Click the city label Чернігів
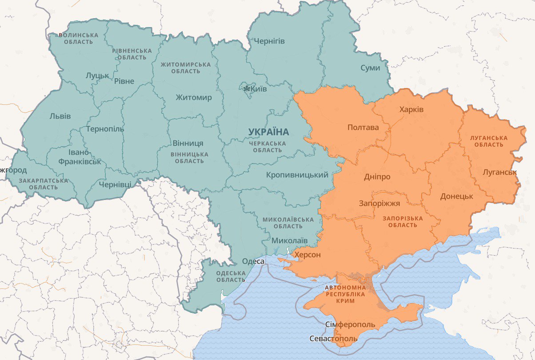pyautogui.click(x=269, y=41)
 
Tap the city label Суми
pyautogui.click(x=370, y=68)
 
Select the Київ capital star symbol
pyautogui.click(x=247, y=89)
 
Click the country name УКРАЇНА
pyautogui.click(x=268, y=132)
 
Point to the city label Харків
pyautogui.click(x=411, y=109)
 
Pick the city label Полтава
pyautogui.click(x=363, y=128)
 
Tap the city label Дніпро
pyautogui.click(x=377, y=176)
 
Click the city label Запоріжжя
pyautogui.click(x=379, y=204)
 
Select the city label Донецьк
pyautogui.click(x=456, y=196)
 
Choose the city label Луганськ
pyautogui.click(x=499, y=172)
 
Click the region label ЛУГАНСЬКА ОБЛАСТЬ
pyautogui.click(x=488, y=141)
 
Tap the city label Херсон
pyautogui.click(x=307, y=255)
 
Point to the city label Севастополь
pyautogui.click(x=333, y=339)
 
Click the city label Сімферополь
pyautogui.click(x=350, y=324)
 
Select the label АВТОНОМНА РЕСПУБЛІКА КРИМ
pyautogui.click(x=346, y=294)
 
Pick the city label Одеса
pyautogui.click(x=253, y=261)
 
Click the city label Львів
pyautogui.click(x=60, y=116)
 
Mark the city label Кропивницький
pyautogui.click(x=297, y=175)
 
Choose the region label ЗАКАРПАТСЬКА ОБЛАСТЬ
pyautogui.click(x=44, y=184)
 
